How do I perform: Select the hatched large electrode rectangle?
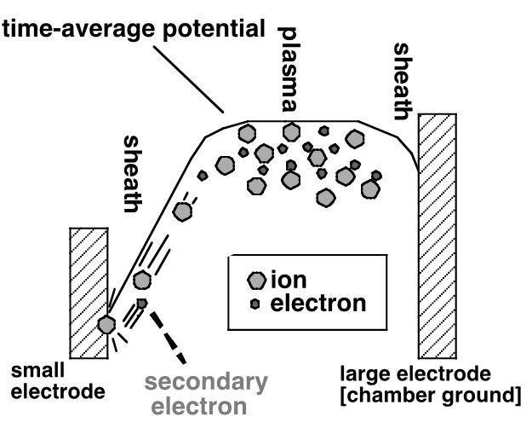point(438,234)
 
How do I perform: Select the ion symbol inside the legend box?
point(256,280)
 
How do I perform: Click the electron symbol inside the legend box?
point(255,303)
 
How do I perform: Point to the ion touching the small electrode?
point(106,323)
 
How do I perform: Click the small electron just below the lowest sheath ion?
point(142,303)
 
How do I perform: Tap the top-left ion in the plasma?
point(247,133)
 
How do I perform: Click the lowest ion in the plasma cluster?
point(325,198)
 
